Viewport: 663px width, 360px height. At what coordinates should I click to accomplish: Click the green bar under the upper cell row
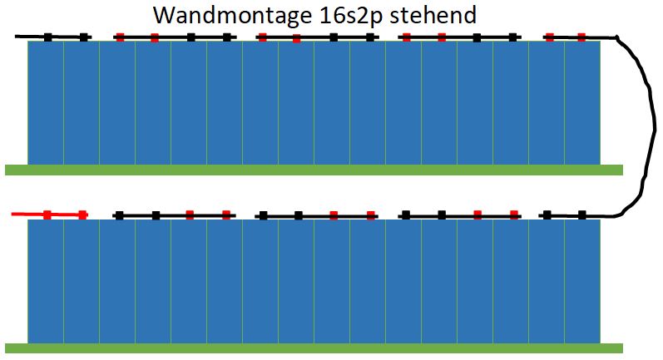[x=314, y=170]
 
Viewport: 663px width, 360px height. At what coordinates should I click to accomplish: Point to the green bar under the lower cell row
[x=314, y=348]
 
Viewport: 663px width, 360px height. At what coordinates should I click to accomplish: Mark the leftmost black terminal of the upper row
[x=48, y=37]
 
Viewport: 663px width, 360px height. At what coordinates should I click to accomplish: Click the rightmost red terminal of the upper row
[x=581, y=37]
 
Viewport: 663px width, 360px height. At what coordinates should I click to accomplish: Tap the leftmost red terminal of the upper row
[x=120, y=37]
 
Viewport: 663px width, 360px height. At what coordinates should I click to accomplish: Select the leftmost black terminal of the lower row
[x=120, y=215]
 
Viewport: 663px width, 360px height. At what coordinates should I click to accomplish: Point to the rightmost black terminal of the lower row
[x=581, y=215]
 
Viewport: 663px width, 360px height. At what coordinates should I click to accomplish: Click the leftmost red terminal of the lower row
[x=47, y=215]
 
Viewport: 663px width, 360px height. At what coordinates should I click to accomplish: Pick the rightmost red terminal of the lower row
[x=512, y=215]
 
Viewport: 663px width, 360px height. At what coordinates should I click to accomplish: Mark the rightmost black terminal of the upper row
[x=512, y=37]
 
